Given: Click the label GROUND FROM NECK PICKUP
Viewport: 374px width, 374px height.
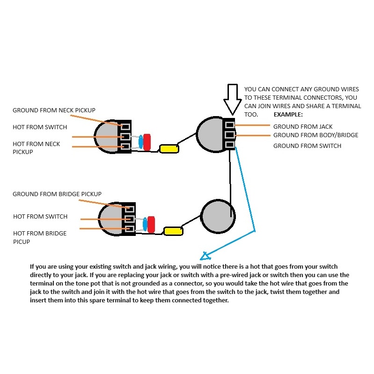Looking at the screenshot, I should click(x=54, y=110).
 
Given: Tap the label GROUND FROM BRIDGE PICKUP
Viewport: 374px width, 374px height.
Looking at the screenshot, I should click(x=57, y=194).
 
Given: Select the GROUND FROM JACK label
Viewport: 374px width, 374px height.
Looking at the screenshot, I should click(x=303, y=126).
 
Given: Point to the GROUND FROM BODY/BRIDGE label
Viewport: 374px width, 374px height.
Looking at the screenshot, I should click(x=315, y=135).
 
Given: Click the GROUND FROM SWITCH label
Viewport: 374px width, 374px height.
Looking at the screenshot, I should click(x=307, y=146).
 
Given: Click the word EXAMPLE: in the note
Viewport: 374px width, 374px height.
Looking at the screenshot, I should click(x=288, y=115).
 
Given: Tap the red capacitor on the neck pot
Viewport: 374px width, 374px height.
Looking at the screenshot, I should click(x=147, y=142).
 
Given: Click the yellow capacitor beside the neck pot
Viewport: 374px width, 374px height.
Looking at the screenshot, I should click(x=169, y=149).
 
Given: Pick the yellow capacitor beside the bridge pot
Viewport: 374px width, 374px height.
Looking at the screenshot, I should click(x=173, y=231).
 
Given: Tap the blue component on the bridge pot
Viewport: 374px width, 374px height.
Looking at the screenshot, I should click(x=145, y=224).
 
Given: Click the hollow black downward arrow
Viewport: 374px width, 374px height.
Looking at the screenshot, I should click(x=232, y=99).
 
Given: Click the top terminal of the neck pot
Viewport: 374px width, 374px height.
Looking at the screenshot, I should click(x=125, y=126).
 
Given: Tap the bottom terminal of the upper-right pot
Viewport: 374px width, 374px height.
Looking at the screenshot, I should click(x=230, y=145).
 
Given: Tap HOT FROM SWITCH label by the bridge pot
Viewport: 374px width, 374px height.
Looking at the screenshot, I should click(x=40, y=217).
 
